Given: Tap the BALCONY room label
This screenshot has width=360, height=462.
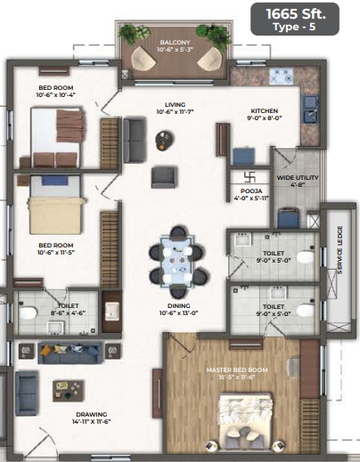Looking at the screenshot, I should click(x=175, y=42).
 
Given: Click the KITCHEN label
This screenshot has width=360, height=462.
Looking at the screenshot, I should click(x=264, y=110).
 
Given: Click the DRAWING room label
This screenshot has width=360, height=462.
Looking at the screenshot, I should click(x=93, y=415).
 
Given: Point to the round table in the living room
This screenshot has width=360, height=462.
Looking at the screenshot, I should click(x=165, y=137).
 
